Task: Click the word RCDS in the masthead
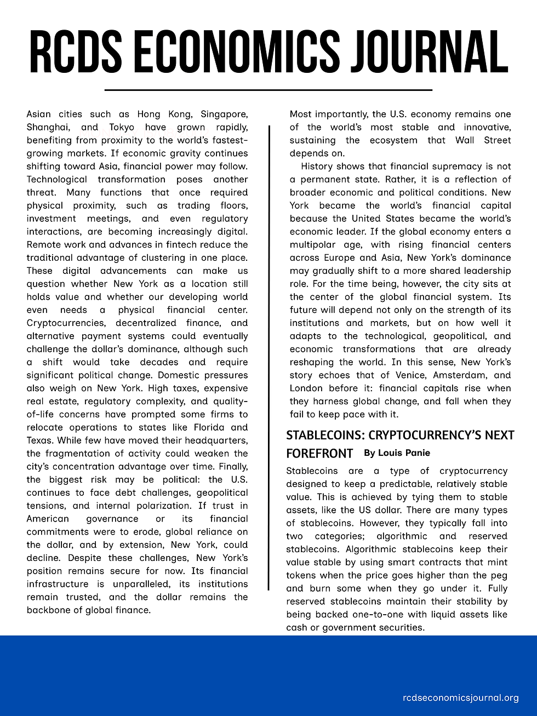click(76, 52)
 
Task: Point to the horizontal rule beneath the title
click(268, 89)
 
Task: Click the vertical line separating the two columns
click(268, 356)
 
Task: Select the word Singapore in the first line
click(224, 114)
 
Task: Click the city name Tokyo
click(122, 128)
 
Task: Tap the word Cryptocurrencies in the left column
click(65, 323)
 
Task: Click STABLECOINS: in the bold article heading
click(325, 436)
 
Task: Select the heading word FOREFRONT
click(319, 454)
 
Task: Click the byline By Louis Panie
click(397, 453)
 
